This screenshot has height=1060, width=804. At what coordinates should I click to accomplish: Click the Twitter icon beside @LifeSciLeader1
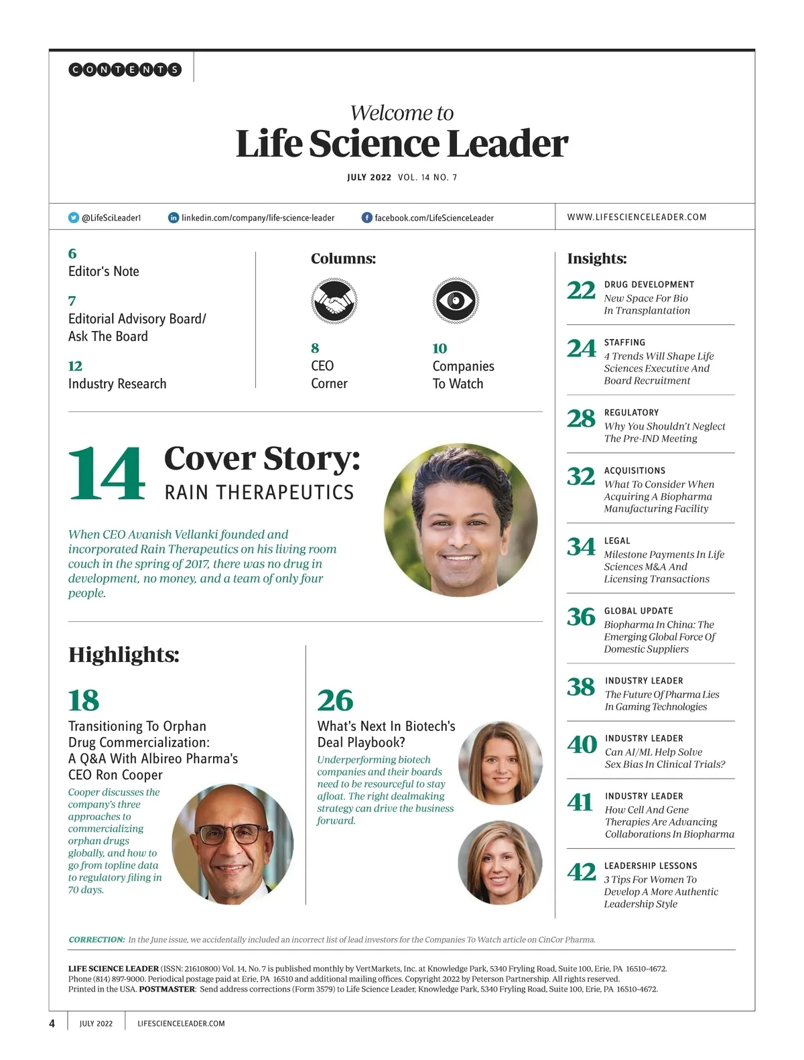(74, 218)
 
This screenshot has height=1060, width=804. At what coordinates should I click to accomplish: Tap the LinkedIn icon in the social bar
(173, 218)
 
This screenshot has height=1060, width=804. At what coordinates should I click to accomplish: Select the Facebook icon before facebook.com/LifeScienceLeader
(366, 218)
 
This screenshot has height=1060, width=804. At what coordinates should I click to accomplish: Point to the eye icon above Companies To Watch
(455, 301)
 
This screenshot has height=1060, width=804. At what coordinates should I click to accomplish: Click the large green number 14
(107, 474)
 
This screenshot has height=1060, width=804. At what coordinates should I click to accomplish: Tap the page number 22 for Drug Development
(581, 291)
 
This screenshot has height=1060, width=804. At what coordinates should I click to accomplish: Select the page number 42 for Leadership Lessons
(581, 872)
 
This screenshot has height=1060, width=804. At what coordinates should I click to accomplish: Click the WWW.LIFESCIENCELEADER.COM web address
(636, 217)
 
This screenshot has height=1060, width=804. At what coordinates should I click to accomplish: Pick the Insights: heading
(597, 259)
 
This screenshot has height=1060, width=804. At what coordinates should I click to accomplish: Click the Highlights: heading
(124, 655)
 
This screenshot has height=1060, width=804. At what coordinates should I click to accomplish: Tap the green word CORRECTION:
(96, 939)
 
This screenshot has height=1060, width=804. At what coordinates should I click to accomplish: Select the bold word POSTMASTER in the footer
(167, 989)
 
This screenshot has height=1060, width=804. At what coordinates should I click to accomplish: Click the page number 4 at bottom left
(52, 1023)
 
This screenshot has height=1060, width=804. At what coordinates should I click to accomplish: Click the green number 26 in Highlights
(335, 701)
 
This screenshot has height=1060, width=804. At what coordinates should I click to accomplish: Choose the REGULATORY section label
(631, 413)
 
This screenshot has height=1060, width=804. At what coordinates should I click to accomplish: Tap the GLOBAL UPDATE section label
(639, 611)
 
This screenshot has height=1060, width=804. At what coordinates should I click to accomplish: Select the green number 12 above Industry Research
(75, 366)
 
